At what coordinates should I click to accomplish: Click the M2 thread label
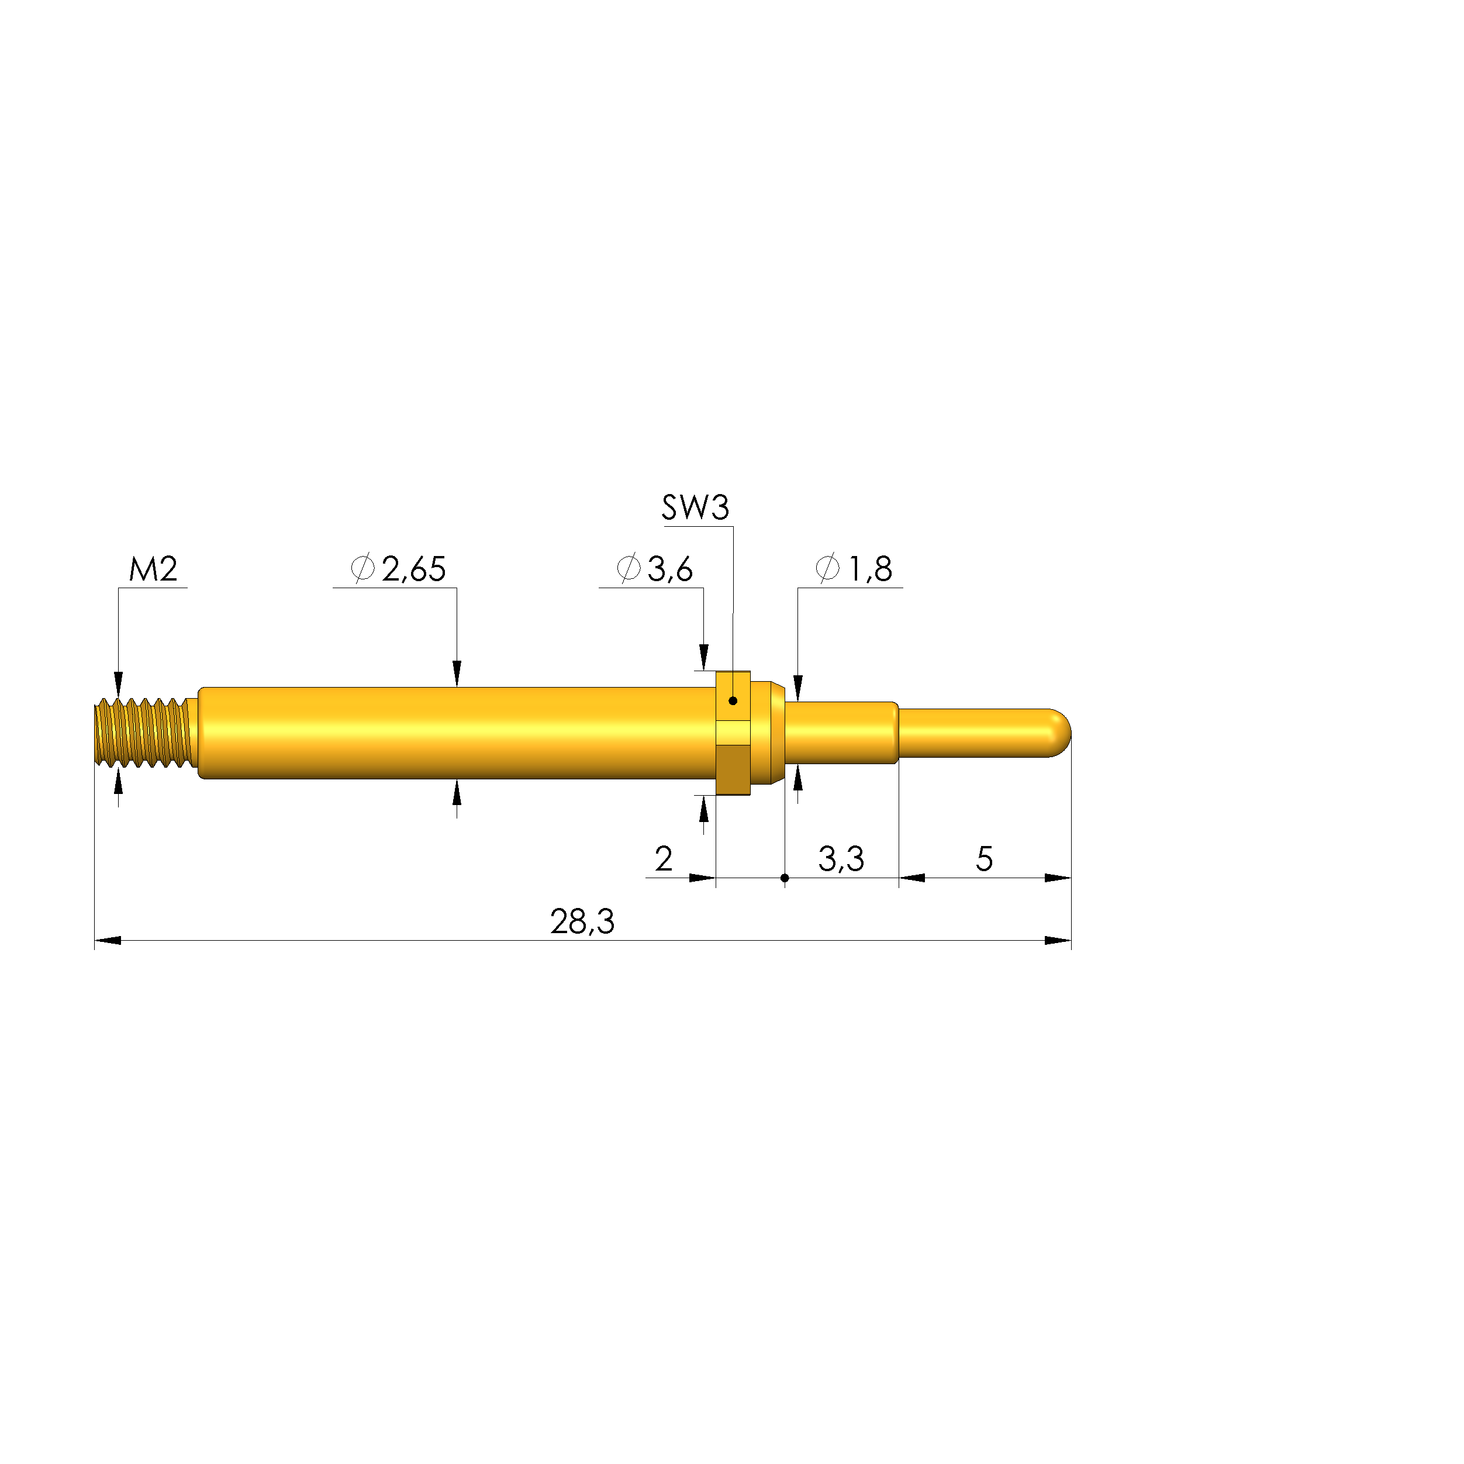coord(153,569)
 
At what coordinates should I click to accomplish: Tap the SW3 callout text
coord(695,507)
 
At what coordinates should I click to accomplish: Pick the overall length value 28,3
coord(582,922)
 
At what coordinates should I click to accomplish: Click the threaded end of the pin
coord(143,733)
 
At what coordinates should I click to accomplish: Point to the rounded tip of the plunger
coord(1061,733)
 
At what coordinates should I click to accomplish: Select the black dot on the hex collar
coord(733,701)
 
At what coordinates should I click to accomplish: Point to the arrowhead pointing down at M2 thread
coord(118,683)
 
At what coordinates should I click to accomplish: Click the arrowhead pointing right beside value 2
coord(702,878)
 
